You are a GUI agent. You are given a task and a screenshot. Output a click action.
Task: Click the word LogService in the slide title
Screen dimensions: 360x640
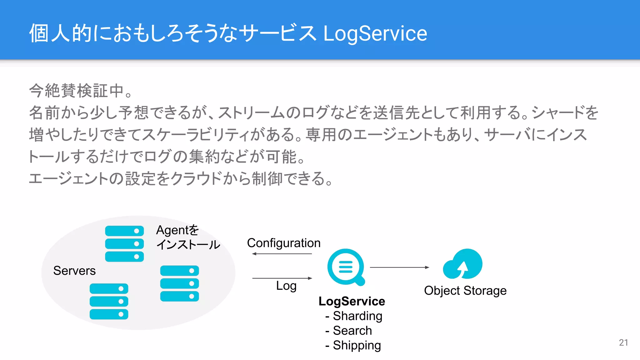pyautogui.click(x=375, y=33)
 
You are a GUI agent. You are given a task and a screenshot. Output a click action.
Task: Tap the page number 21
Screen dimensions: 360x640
pyautogui.click(x=623, y=342)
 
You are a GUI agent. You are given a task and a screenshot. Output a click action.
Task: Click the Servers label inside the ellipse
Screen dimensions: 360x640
pyautogui.click(x=74, y=271)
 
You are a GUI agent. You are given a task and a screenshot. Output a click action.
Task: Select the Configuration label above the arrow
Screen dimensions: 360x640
pyautogui.click(x=283, y=243)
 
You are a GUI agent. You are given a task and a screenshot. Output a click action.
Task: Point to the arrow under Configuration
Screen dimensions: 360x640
pyautogui.click(x=282, y=254)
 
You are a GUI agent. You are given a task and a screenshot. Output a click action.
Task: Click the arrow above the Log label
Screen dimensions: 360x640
pyautogui.click(x=282, y=278)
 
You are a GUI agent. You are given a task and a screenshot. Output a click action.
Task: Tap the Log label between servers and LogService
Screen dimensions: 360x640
pyautogui.click(x=286, y=286)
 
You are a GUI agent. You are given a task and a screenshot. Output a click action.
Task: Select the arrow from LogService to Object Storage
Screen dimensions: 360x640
pyautogui.click(x=399, y=267)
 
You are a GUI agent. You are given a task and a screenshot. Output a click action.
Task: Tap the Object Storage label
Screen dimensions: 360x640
pyautogui.click(x=465, y=291)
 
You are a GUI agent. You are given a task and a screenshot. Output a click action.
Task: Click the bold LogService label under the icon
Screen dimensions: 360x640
pyautogui.click(x=352, y=301)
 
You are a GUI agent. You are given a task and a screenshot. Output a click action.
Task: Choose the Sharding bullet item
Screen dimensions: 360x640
pyautogui.click(x=357, y=316)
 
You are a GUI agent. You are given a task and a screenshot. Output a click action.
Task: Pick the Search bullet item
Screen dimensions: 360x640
pyautogui.click(x=352, y=331)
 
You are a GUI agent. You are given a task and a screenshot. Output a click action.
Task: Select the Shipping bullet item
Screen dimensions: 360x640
pyautogui.click(x=357, y=345)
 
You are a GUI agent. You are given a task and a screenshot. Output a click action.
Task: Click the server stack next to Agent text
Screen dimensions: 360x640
pyautogui.click(x=124, y=244)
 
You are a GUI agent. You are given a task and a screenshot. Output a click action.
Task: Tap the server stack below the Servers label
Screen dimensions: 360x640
pyautogui.click(x=109, y=301)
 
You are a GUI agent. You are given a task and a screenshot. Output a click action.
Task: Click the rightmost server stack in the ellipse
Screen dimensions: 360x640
pyautogui.click(x=179, y=283)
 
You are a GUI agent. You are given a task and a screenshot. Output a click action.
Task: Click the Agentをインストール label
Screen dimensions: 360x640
pyautogui.click(x=187, y=237)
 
